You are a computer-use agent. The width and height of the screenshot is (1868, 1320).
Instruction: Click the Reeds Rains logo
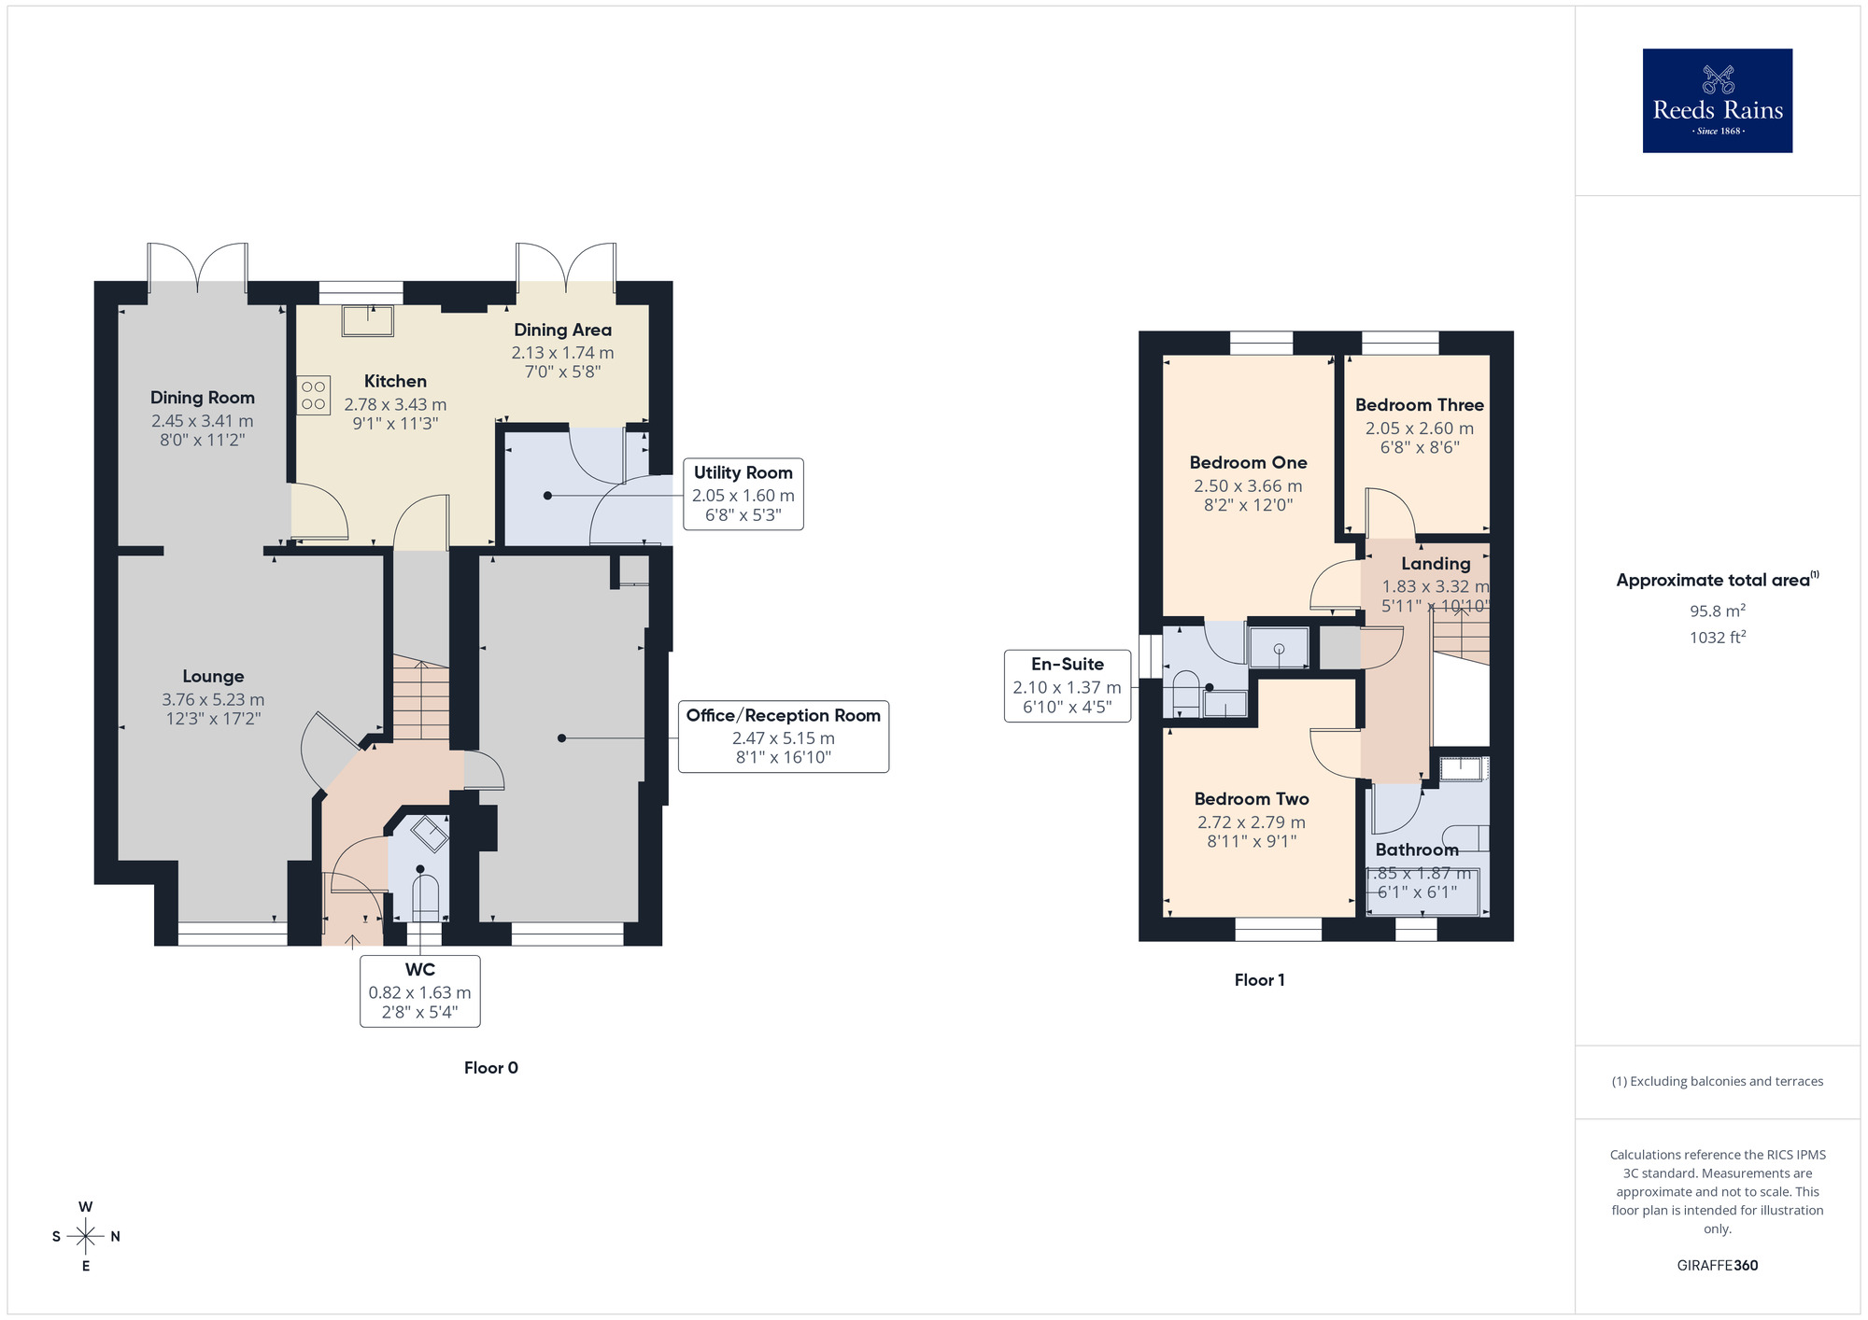(x=1717, y=101)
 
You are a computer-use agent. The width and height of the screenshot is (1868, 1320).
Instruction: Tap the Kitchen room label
(x=395, y=381)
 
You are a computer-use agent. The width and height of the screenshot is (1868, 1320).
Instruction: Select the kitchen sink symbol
(x=368, y=320)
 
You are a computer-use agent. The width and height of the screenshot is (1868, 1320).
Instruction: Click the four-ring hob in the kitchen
(x=314, y=395)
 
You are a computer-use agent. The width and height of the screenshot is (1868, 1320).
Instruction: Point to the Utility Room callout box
(x=743, y=494)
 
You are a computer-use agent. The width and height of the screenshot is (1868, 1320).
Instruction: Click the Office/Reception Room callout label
(x=783, y=716)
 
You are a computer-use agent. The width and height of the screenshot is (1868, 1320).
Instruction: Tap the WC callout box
(x=419, y=990)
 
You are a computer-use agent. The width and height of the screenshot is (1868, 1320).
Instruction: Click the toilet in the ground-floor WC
(x=426, y=898)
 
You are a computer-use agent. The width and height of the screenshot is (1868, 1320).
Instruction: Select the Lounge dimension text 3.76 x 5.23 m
(x=213, y=699)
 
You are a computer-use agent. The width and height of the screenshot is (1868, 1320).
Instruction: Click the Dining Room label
(x=203, y=398)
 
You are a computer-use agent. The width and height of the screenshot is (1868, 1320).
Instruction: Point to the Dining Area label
(x=562, y=330)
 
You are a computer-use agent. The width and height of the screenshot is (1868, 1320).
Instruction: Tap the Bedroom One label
(x=1248, y=462)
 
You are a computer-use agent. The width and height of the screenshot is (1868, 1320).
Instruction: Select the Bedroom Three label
(x=1419, y=404)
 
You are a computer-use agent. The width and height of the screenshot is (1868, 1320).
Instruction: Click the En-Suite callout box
(x=1067, y=686)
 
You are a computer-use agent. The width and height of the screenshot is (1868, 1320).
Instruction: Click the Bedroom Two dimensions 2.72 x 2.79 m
(x=1252, y=821)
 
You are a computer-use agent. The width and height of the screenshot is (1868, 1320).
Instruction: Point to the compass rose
(x=86, y=1236)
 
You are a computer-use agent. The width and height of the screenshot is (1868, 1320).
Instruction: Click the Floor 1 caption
(x=1259, y=979)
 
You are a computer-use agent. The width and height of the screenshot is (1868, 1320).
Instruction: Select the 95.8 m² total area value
(x=1717, y=611)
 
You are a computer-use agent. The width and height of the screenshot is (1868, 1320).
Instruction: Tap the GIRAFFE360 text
(x=1717, y=1265)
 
